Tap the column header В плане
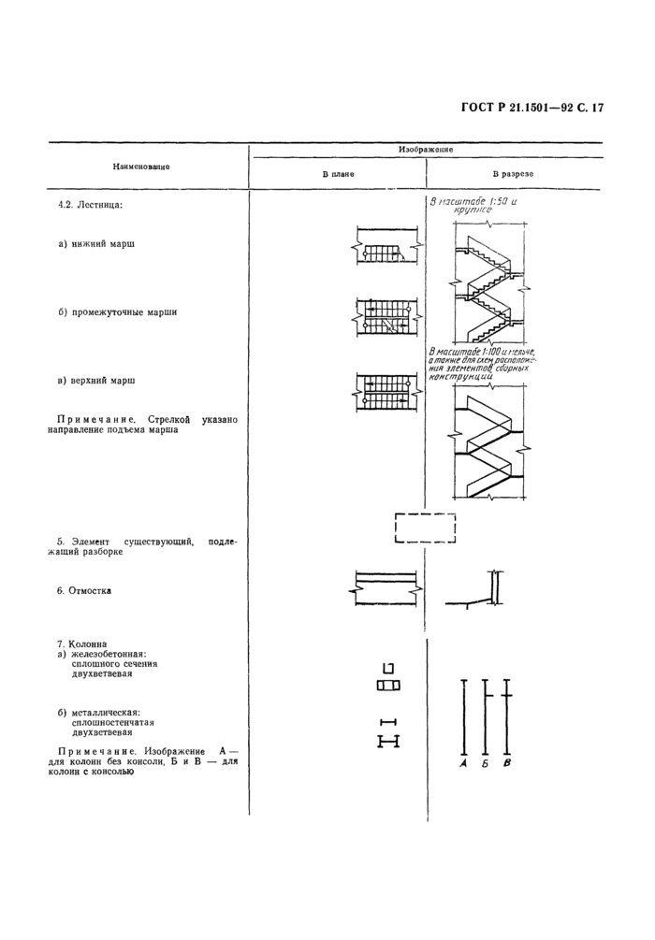click(338, 175)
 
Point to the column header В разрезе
click(514, 175)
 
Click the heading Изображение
click(426, 150)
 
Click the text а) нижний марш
click(96, 244)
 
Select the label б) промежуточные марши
click(117, 312)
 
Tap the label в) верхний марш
click(96, 382)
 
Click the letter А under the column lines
click(464, 764)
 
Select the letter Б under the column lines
click(485, 764)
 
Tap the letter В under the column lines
click(506, 764)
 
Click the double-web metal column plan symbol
click(388, 742)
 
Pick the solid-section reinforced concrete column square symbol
click(388, 668)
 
